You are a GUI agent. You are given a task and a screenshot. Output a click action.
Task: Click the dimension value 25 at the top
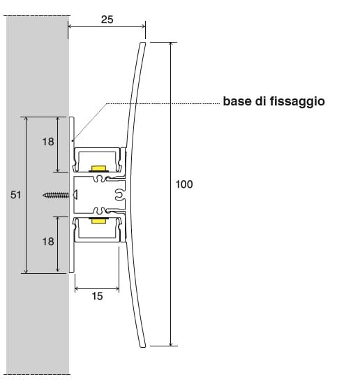(x=107, y=20)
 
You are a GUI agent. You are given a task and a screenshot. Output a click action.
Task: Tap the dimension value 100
(x=184, y=184)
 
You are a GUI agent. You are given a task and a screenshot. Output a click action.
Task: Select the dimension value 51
(x=16, y=195)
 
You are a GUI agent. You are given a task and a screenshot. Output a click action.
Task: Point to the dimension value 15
(x=97, y=296)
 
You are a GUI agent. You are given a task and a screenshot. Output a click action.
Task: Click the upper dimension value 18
(x=48, y=142)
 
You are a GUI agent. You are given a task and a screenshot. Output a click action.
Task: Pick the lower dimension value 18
(x=48, y=242)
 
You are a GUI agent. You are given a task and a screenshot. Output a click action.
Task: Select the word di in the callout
(x=261, y=101)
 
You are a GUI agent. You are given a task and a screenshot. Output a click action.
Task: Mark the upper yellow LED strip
(x=98, y=168)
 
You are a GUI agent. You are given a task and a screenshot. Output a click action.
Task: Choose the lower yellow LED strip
(x=98, y=221)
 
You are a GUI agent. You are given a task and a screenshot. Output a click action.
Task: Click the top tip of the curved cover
(x=142, y=43)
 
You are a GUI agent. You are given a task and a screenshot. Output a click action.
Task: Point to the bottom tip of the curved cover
(x=143, y=346)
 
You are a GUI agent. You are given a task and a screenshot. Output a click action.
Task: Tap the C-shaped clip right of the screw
(x=119, y=196)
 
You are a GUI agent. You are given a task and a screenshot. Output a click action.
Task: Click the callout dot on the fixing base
(x=73, y=141)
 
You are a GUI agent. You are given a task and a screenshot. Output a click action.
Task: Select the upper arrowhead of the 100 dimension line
(x=170, y=44)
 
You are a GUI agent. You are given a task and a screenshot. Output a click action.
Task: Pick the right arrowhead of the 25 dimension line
(x=144, y=26)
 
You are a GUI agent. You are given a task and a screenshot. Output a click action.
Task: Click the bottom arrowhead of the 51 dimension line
(x=27, y=271)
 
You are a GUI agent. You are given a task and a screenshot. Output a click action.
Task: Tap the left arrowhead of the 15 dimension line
(x=77, y=288)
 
